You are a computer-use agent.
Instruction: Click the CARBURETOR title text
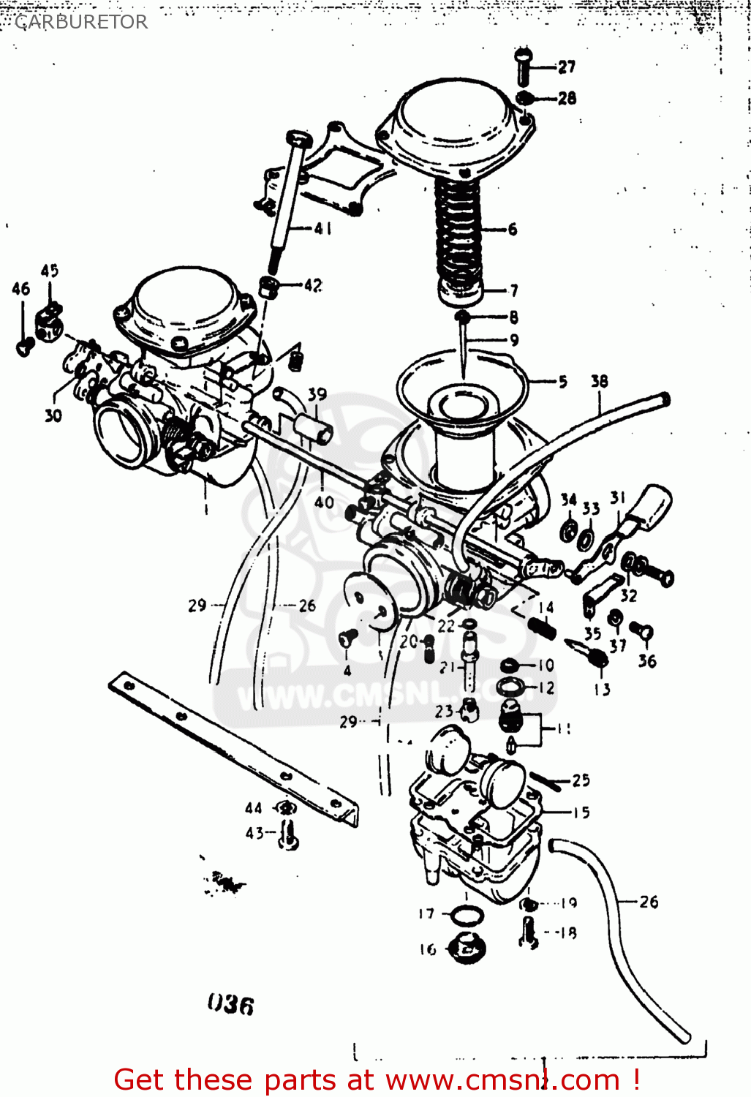tap(81, 22)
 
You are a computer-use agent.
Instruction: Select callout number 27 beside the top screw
tap(567, 67)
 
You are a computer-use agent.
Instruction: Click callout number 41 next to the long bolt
tap(322, 228)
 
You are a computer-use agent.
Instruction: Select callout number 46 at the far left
tap(20, 289)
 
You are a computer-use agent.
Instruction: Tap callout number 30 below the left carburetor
tap(53, 415)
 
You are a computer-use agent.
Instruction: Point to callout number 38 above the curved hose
tap(599, 381)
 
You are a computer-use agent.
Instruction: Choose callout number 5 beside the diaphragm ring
tap(562, 381)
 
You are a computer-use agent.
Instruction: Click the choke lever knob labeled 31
tap(652, 504)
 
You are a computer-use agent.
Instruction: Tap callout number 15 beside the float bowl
tap(581, 812)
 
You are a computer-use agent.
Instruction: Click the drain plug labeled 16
tap(466, 950)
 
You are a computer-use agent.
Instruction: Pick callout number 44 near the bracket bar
tap(253, 808)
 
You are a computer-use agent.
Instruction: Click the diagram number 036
tap(230, 1004)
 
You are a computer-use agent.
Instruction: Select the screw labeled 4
tap(348, 638)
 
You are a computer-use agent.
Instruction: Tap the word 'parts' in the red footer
tap(290, 1080)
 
